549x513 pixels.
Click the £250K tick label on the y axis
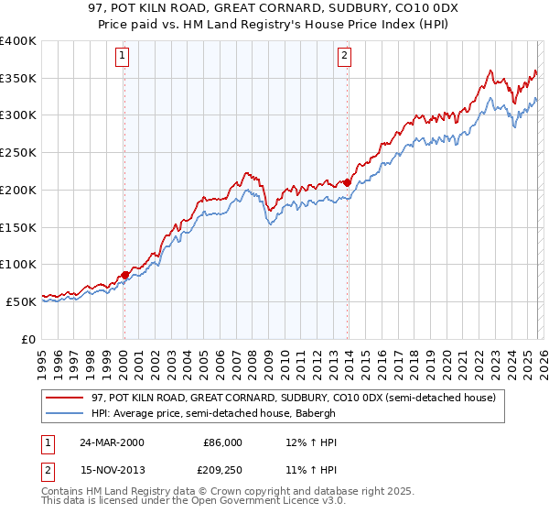click(x=17, y=153)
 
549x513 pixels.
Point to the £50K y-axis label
click(x=20, y=301)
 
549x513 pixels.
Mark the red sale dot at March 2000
click(x=124, y=274)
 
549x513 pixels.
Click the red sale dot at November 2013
click(x=348, y=182)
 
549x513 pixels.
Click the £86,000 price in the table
click(x=222, y=442)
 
